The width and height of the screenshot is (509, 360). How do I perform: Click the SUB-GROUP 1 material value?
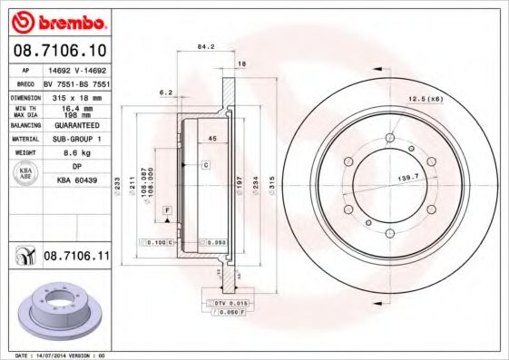tap(78, 139)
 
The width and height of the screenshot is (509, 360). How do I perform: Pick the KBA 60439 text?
tap(77, 180)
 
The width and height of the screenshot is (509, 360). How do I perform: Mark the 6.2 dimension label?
tap(165, 92)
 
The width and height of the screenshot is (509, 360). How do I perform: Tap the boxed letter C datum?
tap(206, 165)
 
